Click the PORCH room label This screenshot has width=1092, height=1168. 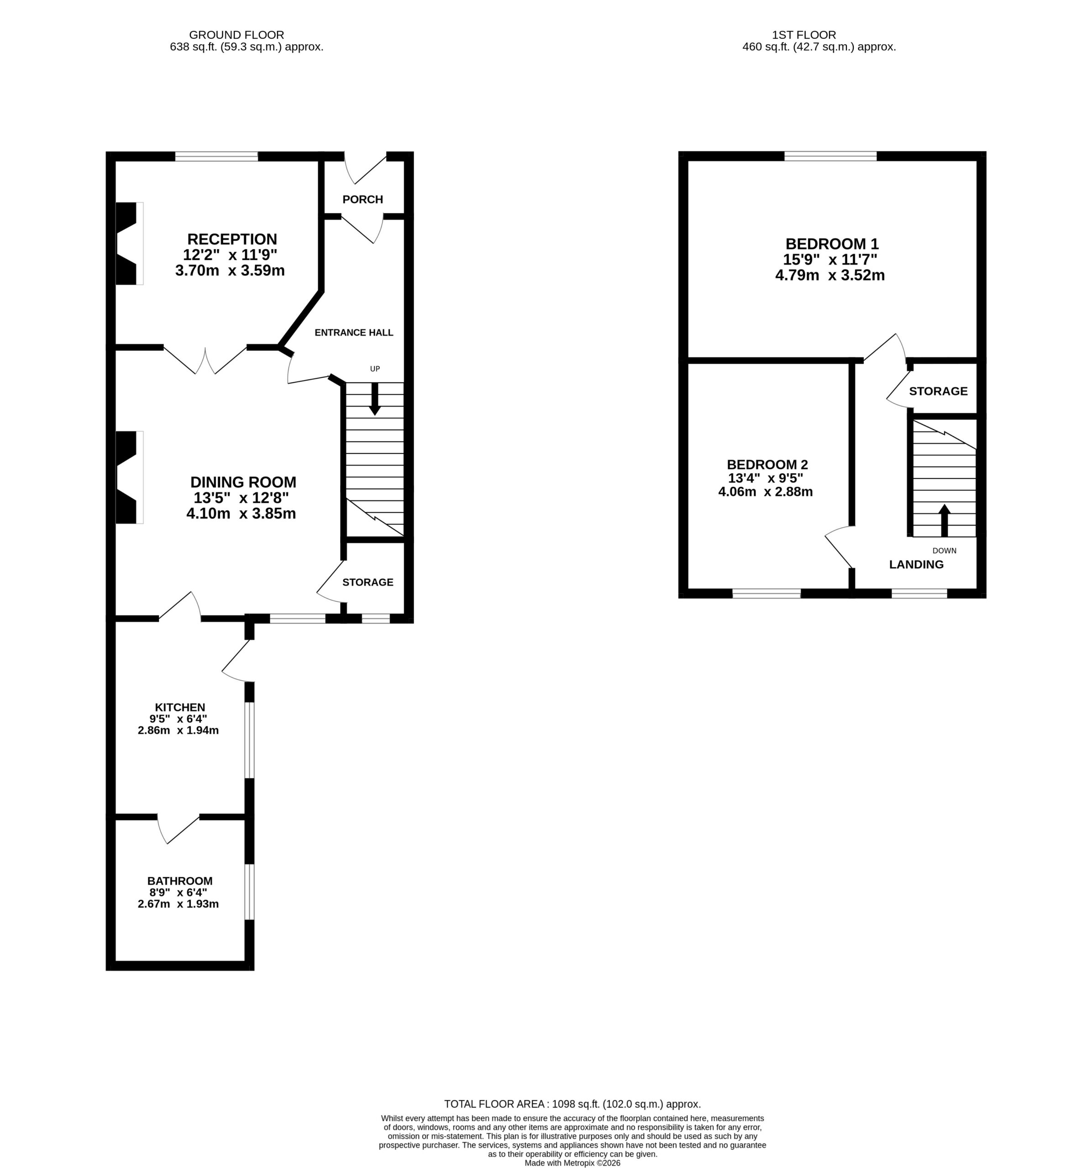click(x=362, y=199)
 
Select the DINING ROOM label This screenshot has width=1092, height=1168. click(x=243, y=482)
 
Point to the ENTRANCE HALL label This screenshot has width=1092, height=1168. click(x=354, y=333)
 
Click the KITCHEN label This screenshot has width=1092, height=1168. click(x=180, y=707)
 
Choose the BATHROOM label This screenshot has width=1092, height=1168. click(x=180, y=881)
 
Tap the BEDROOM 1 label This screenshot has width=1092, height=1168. click(x=832, y=244)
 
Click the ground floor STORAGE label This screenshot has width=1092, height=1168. click(x=368, y=582)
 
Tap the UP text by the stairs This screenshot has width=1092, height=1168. click(x=375, y=369)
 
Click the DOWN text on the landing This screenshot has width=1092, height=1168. click(x=945, y=551)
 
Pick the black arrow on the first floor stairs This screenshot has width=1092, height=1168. click(x=945, y=520)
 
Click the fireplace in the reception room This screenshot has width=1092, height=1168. click(x=129, y=244)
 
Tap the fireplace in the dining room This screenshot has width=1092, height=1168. click(x=129, y=477)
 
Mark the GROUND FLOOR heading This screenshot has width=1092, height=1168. click(x=236, y=35)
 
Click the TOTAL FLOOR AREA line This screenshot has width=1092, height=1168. click(x=572, y=1104)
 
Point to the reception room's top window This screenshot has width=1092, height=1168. click(x=216, y=156)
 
